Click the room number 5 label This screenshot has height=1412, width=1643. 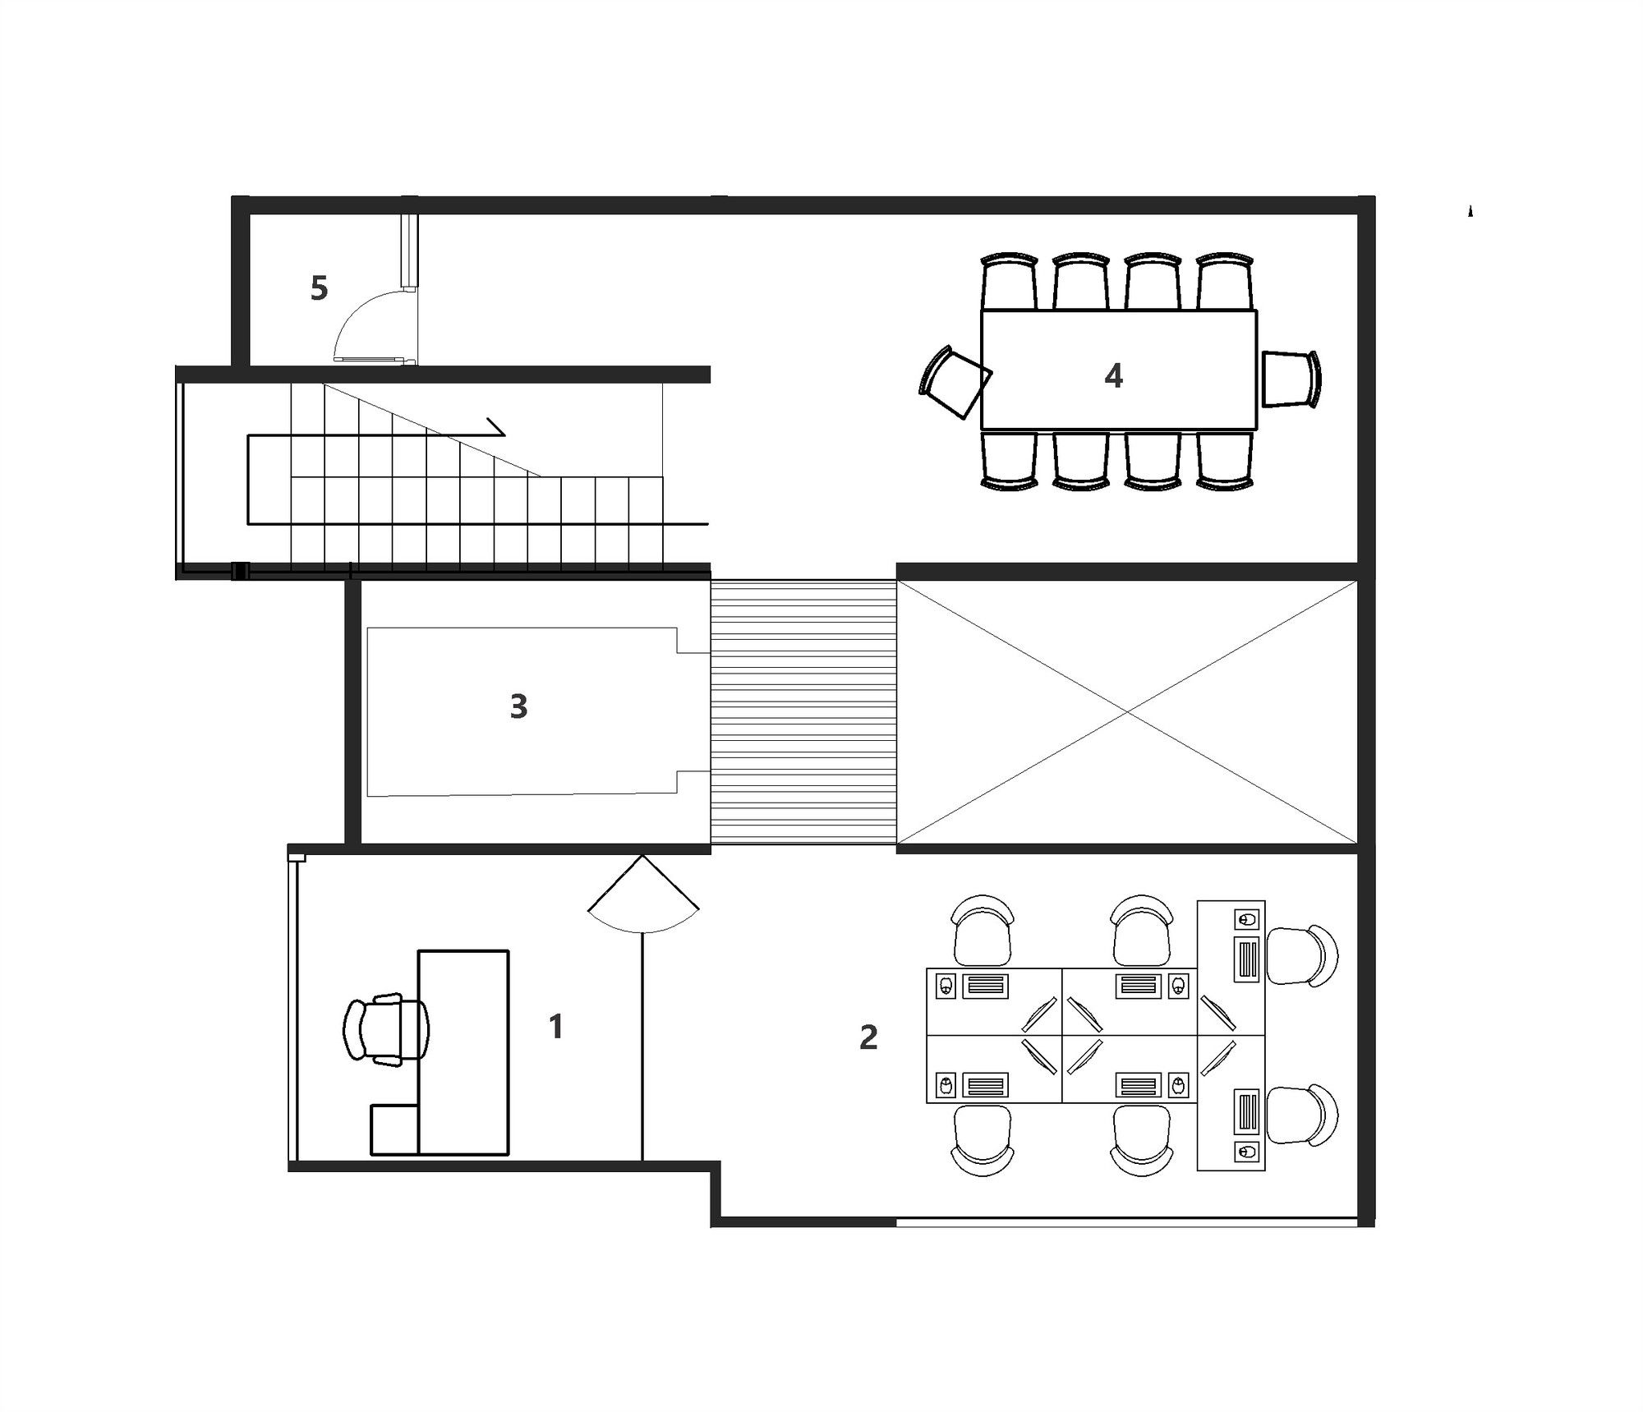pos(319,288)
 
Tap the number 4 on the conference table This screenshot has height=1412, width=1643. pos(1113,375)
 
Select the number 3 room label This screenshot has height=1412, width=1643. pos(518,706)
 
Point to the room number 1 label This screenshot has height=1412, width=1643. pos(556,1026)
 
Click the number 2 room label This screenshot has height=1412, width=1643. pos(868,1037)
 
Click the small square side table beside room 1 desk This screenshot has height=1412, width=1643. pos(394,1129)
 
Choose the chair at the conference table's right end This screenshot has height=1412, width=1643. pos(1291,379)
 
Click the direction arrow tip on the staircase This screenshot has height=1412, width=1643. pos(504,434)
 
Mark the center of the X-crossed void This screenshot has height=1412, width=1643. pos(1126,711)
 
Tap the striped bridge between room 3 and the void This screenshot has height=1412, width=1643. pos(803,712)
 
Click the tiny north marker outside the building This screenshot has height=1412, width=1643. pos(1470,211)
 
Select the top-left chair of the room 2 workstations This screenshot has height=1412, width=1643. pos(983,930)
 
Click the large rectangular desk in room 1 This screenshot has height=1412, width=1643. pos(463,1052)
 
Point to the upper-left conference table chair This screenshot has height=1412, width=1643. pos(1010,281)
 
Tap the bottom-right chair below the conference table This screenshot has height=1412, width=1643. pos(1225,461)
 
